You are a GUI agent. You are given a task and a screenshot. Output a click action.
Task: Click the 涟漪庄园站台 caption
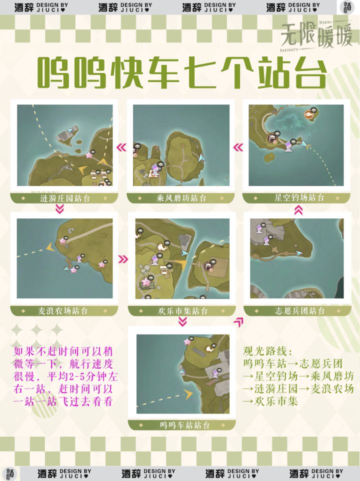pyautogui.click(x=65, y=198)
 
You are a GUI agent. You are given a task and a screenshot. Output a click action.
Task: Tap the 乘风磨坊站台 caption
pyautogui.click(x=181, y=198)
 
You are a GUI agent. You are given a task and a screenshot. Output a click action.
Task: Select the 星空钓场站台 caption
pyautogui.click(x=299, y=197)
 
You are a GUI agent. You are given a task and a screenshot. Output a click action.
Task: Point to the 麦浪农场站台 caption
pyautogui.click(x=63, y=310)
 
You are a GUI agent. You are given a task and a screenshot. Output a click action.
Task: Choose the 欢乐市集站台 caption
pyautogui.click(x=183, y=311)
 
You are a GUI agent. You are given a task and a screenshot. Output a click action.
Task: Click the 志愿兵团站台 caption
pyautogui.click(x=299, y=310)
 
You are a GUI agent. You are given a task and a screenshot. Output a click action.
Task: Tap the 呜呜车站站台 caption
pyautogui.click(x=184, y=425)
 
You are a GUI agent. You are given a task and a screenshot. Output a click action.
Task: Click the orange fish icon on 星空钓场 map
pyautogui.click(x=308, y=114)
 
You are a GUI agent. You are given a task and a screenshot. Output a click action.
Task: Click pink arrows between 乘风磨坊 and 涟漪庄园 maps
pyautogui.click(x=121, y=147)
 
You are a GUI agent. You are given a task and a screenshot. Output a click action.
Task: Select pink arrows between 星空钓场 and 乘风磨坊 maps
pyautogui.click(x=238, y=147)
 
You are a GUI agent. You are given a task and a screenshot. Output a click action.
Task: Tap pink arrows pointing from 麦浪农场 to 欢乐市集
pyautogui.click(x=123, y=259)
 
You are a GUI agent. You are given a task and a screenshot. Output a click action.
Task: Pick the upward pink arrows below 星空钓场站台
pyautogui.click(x=298, y=210)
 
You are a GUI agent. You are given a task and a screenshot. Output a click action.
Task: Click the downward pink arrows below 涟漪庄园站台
pyautogui.click(x=60, y=209)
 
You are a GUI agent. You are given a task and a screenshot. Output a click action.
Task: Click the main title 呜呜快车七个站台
pyautogui.click(x=182, y=73)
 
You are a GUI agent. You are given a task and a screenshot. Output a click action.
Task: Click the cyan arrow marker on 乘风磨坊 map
pyautogui.click(x=202, y=157)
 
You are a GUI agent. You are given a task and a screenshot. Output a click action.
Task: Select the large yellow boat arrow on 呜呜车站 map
pyautogui.click(x=188, y=394)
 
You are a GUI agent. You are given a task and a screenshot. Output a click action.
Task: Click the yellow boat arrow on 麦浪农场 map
pyautogui.click(x=50, y=246)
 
